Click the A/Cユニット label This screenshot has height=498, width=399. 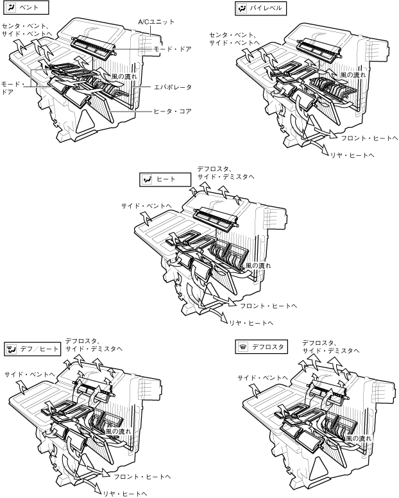157,22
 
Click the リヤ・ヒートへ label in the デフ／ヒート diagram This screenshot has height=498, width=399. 126,492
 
